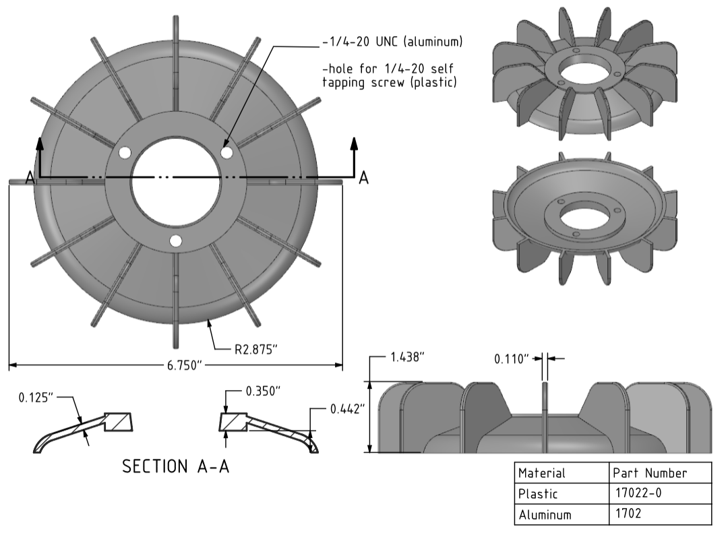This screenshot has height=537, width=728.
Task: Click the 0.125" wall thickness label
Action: (36, 397)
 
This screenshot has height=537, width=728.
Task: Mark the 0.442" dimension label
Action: (347, 409)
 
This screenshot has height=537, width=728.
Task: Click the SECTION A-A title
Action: (175, 466)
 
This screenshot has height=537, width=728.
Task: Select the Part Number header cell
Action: (649, 473)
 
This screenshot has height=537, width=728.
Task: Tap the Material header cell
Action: (542, 473)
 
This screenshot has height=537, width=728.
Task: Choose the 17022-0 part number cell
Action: (638, 493)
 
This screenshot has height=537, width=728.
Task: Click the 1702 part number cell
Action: (628, 514)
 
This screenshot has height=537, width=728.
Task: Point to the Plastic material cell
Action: (538, 493)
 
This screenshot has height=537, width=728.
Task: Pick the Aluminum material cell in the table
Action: (545, 515)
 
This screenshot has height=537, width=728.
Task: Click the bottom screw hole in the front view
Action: (176, 241)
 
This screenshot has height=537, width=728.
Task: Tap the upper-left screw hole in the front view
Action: (124, 153)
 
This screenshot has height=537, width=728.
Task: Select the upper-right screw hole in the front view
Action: (227, 153)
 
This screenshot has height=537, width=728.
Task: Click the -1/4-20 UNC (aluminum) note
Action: (392, 42)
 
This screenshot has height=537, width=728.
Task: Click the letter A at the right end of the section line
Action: (363, 177)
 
